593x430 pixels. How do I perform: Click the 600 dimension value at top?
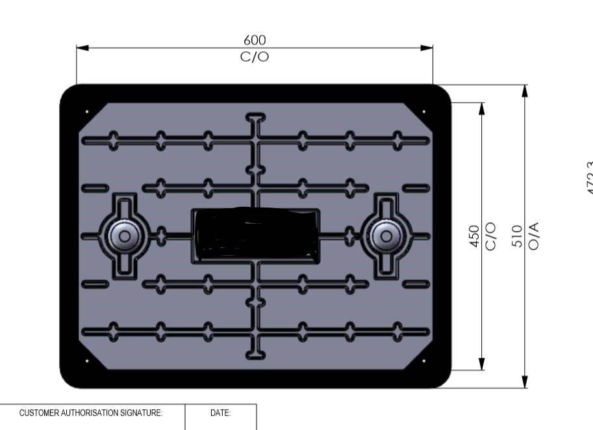[x=255, y=40]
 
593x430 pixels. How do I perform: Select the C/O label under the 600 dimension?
[x=255, y=57]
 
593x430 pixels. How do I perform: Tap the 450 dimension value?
[x=475, y=235]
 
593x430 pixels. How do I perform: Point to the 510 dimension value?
[x=518, y=235]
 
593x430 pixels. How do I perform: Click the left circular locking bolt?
[x=123, y=235]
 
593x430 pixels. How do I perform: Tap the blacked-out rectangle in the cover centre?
[x=255, y=234]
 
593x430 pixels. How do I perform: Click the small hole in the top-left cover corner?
[x=87, y=111]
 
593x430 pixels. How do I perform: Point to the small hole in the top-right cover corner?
[x=424, y=111]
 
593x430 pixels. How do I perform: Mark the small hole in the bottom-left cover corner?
[x=87, y=360]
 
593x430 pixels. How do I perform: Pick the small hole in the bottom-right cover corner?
[x=424, y=360]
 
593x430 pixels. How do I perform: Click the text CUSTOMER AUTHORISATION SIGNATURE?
[x=91, y=413]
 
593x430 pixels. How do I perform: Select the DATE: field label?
[x=221, y=413]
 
